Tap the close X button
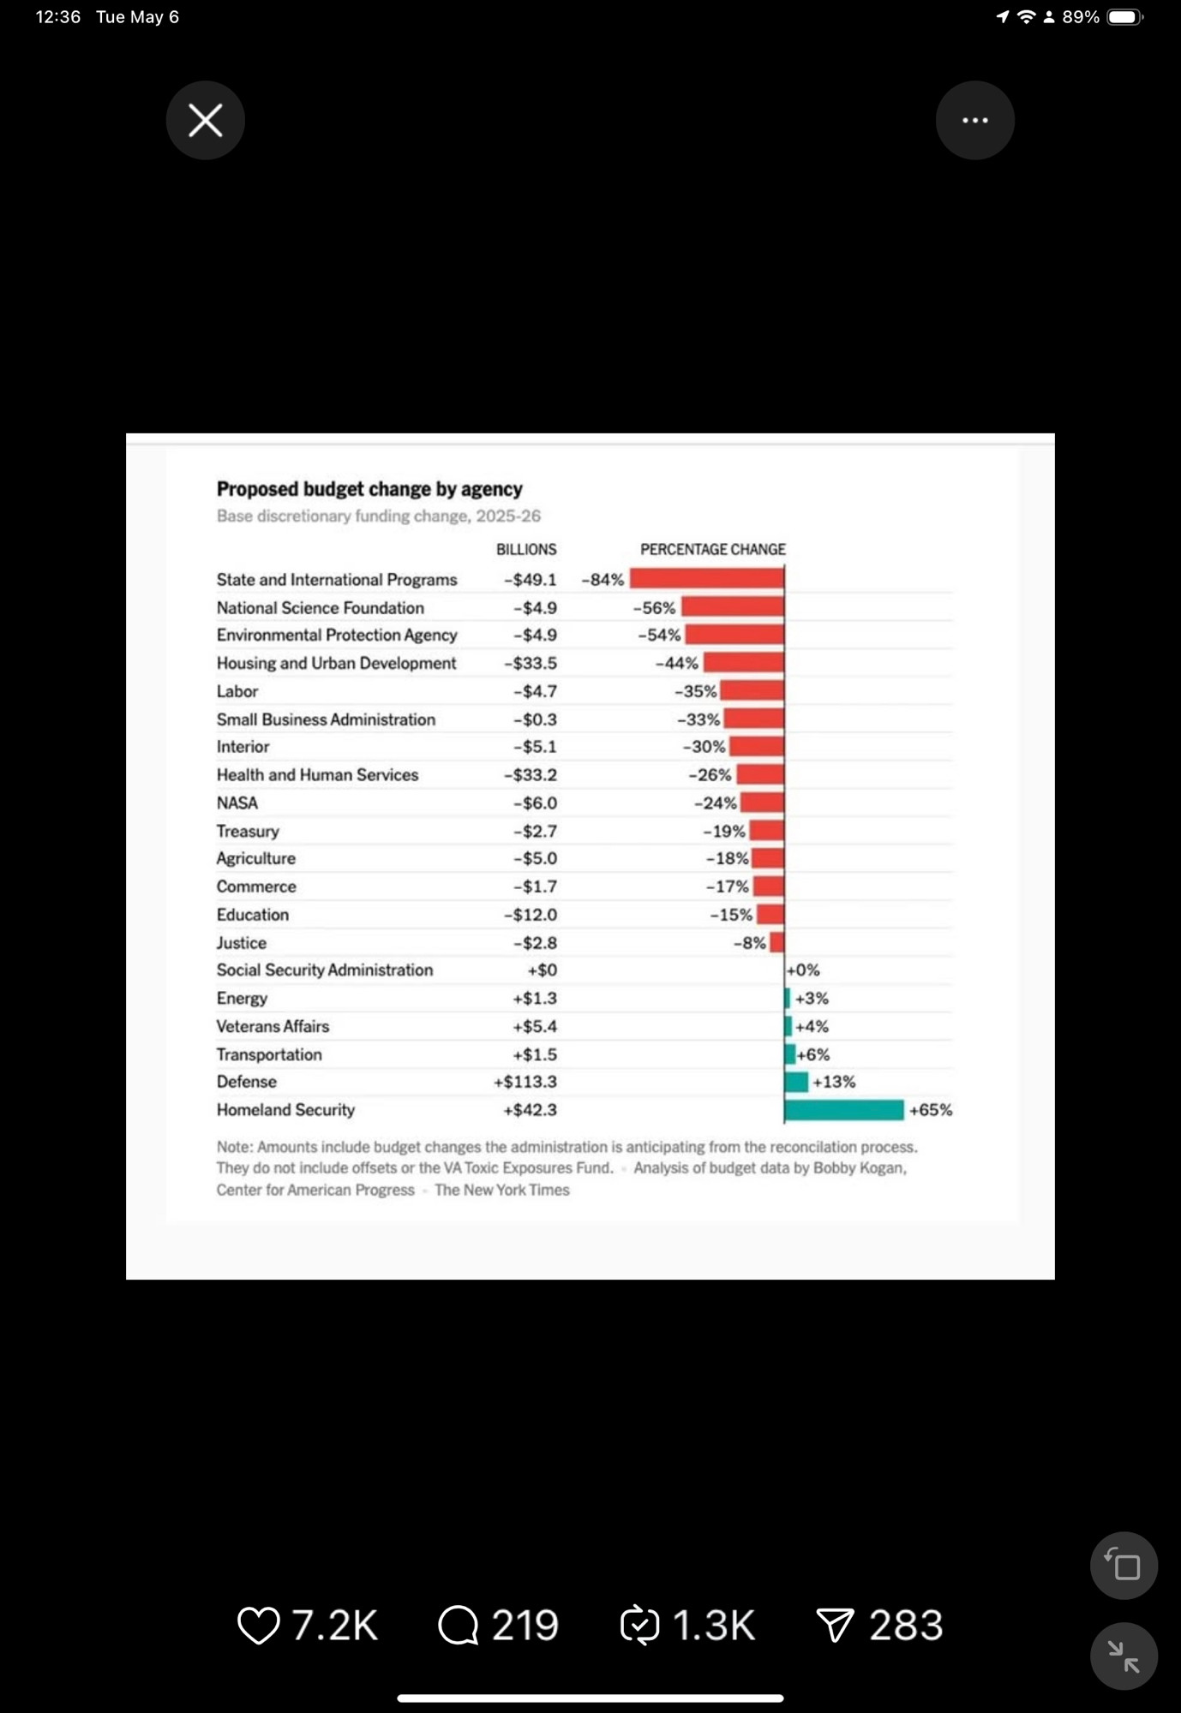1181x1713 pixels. pos(206,120)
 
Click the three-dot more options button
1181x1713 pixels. pos(975,120)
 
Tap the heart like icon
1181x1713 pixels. pos(258,1626)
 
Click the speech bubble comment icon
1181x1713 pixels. pos(459,1626)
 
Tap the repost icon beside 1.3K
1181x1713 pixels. pos(640,1626)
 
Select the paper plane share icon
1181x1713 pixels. pos(835,1626)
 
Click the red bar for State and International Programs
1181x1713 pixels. pos(707,579)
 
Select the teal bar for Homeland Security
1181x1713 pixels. pos(844,1110)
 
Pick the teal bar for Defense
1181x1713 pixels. pos(796,1082)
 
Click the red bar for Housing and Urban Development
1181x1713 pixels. pos(744,663)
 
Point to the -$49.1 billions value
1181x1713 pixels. pos(531,580)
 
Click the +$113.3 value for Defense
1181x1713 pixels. pos(525,1082)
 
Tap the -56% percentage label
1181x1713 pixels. pos(655,608)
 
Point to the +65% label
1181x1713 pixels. pos(931,1110)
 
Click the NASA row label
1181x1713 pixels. pos(237,803)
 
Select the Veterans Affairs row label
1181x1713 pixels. pos(273,1026)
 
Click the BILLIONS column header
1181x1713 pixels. pos(526,549)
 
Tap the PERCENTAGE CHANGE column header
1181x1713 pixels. pos(713,549)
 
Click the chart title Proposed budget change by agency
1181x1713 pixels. pos(369,489)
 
